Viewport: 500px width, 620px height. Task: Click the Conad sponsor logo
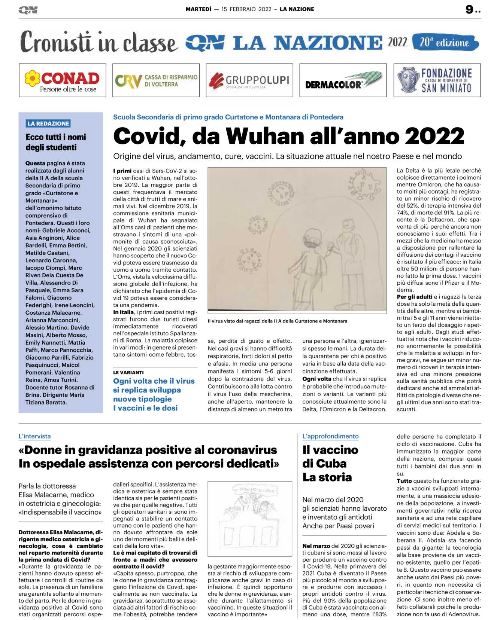(x=62, y=80)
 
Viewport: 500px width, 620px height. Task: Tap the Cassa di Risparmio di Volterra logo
(x=156, y=80)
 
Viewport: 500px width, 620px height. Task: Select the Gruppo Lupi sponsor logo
(x=249, y=80)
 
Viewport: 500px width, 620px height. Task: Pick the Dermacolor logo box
(x=343, y=80)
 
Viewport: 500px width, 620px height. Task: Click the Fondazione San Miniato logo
(x=437, y=80)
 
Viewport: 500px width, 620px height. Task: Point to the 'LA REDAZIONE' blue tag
(x=48, y=123)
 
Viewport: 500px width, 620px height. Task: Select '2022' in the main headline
(x=434, y=136)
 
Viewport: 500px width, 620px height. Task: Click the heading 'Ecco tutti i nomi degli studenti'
(x=56, y=142)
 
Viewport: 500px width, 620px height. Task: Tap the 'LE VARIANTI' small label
(x=128, y=372)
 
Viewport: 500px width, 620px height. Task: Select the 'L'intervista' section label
(x=34, y=436)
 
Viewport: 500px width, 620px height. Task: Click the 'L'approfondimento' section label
(x=330, y=436)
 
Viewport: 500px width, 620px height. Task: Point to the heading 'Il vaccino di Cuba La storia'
(x=330, y=464)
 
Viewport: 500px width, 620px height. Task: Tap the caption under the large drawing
(x=278, y=321)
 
